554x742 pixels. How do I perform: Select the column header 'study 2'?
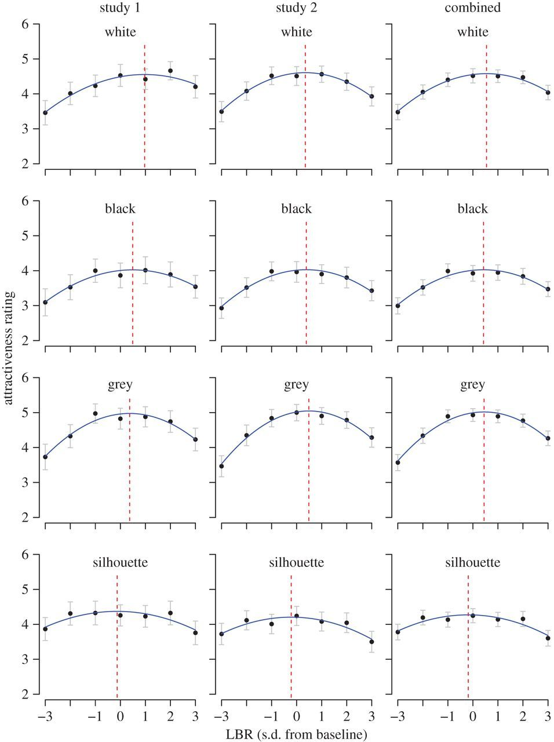(x=296, y=8)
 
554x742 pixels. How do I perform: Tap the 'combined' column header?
(x=472, y=8)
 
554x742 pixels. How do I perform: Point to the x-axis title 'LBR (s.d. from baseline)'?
(x=296, y=735)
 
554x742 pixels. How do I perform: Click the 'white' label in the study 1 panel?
(x=121, y=32)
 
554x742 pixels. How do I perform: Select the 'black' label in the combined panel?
(x=472, y=209)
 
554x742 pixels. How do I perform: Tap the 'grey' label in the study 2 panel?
(x=296, y=385)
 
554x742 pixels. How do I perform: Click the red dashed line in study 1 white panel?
(x=144, y=116)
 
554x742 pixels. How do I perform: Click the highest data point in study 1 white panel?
(x=170, y=71)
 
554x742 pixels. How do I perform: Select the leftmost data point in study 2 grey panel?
(x=221, y=466)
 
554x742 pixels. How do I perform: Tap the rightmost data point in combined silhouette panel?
(x=548, y=638)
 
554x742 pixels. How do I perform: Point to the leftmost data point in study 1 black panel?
(x=45, y=302)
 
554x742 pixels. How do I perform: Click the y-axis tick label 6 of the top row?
(x=24, y=24)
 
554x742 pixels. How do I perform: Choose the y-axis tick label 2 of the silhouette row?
(x=24, y=694)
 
